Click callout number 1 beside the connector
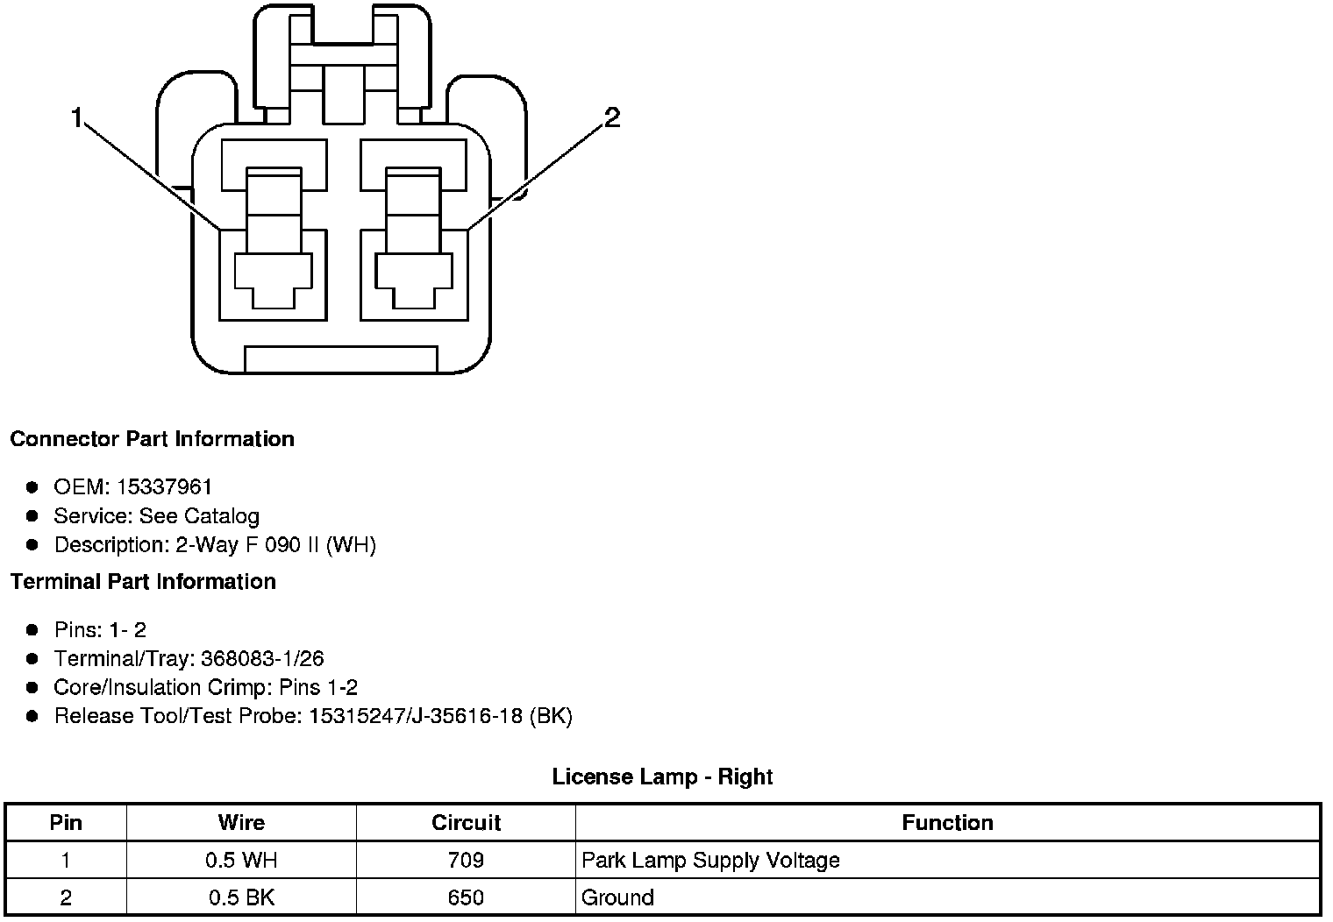pyautogui.click(x=77, y=117)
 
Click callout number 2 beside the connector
pyautogui.click(x=612, y=117)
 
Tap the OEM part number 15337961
pyautogui.click(x=164, y=486)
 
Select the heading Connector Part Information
pyautogui.click(x=152, y=439)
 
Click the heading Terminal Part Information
pyautogui.click(x=143, y=582)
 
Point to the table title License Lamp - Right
pyautogui.click(x=662, y=777)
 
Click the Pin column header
pyautogui.click(x=66, y=823)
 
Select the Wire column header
pyautogui.click(x=241, y=823)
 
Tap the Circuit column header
pyautogui.click(x=466, y=823)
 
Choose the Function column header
pyautogui.click(x=947, y=823)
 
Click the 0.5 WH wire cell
pyautogui.click(x=241, y=861)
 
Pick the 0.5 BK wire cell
pyautogui.click(x=241, y=898)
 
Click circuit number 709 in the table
pyautogui.click(x=466, y=861)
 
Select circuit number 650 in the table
pyautogui.click(x=466, y=898)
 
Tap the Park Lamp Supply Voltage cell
pyautogui.click(x=710, y=861)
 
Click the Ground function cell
pyautogui.click(x=617, y=898)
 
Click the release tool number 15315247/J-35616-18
pyautogui.click(x=417, y=716)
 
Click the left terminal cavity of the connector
pyautogui.click(x=273, y=273)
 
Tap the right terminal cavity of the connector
pyautogui.click(x=413, y=273)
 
